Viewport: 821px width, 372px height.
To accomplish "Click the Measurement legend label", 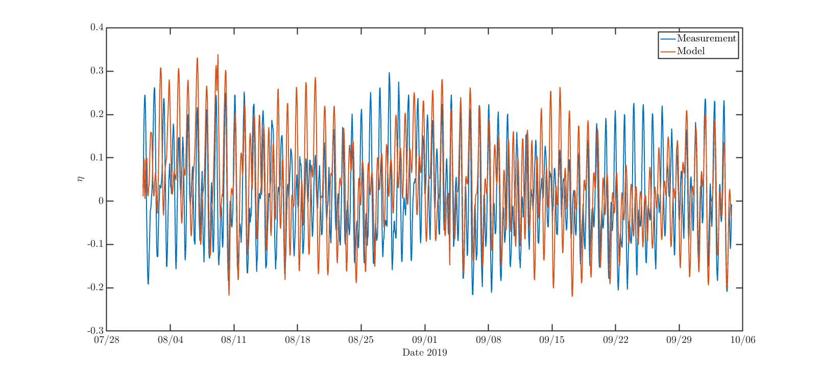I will pyautogui.click(x=707, y=38).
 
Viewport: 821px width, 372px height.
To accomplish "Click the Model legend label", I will pyautogui.click(x=691, y=51).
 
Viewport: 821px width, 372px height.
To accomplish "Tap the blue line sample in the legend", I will pyautogui.click(x=668, y=39).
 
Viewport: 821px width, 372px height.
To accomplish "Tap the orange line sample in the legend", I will pyautogui.click(x=668, y=52).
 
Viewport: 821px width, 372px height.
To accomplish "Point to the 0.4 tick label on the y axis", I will pyautogui.click(x=97, y=28).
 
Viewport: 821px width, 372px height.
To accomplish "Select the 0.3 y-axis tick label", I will pyautogui.click(x=97, y=71).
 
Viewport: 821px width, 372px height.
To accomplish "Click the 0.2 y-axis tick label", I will pyautogui.click(x=97, y=114).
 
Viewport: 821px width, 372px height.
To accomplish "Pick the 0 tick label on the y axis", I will pyautogui.click(x=101, y=201).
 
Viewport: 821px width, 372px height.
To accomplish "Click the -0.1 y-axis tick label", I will pyautogui.click(x=95, y=245).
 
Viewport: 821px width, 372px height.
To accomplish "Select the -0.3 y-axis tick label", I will pyautogui.click(x=95, y=331).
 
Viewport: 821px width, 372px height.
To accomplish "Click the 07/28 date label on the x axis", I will pyautogui.click(x=107, y=340).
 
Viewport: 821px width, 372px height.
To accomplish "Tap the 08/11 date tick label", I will pyautogui.click(x=234, y=340).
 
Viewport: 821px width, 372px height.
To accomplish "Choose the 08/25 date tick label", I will pyautogui.click(x=361, y=340).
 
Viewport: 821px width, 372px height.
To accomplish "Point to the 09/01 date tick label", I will pyautogui.click(x=425, y=340).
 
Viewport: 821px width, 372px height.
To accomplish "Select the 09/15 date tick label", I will pyautogui.click(x=552, y=340).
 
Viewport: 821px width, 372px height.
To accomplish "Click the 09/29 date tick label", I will pyautogui.click(x=679, y=340).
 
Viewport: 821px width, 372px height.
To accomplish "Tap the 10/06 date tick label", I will pyautogui.click(x=742, y=340).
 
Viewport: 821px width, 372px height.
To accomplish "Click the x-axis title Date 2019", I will pyautogui.click(x=425, y=353).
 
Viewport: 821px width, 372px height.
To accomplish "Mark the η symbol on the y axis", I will pyautogui.click(x=80, y=179).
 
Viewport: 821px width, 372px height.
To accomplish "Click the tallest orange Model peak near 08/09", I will pyautogui.click(x=218, y=55).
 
